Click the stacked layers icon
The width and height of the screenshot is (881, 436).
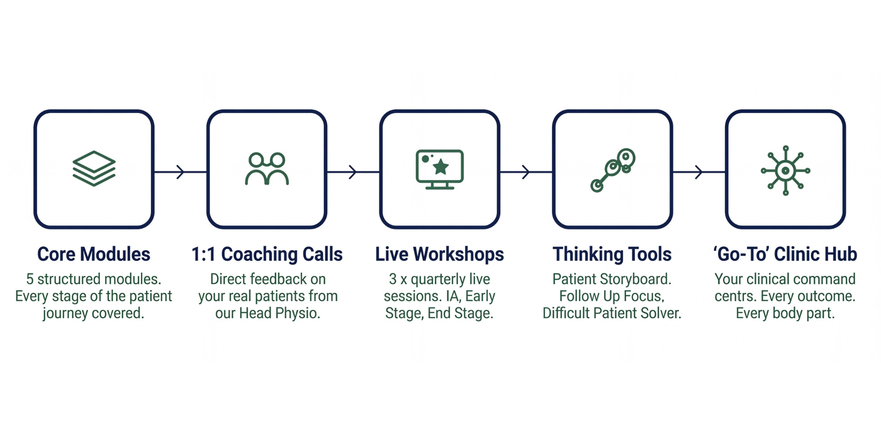point(94,168)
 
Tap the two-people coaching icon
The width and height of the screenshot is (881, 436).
point(267,169)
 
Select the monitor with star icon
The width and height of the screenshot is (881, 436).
point(440,169)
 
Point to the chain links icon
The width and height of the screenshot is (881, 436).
point(613,170)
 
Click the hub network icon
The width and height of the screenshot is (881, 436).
point(786,170)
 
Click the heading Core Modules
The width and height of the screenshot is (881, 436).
point(94,254)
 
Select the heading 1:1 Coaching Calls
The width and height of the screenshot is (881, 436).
point(267,254)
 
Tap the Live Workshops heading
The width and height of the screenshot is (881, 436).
point(440,254)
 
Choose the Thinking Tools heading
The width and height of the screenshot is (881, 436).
point(612,254)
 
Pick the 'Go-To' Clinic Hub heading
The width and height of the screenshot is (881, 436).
point(785,254)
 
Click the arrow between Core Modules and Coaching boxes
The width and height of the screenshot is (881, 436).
point(180,172)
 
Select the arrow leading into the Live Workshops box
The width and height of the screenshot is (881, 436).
point(353,172)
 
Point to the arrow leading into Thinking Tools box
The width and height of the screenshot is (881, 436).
point(526,172)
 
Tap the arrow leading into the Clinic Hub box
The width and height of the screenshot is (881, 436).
point(699,172)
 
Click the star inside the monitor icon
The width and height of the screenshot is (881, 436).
point(441,167)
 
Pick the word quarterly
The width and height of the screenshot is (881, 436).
point(436,279)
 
